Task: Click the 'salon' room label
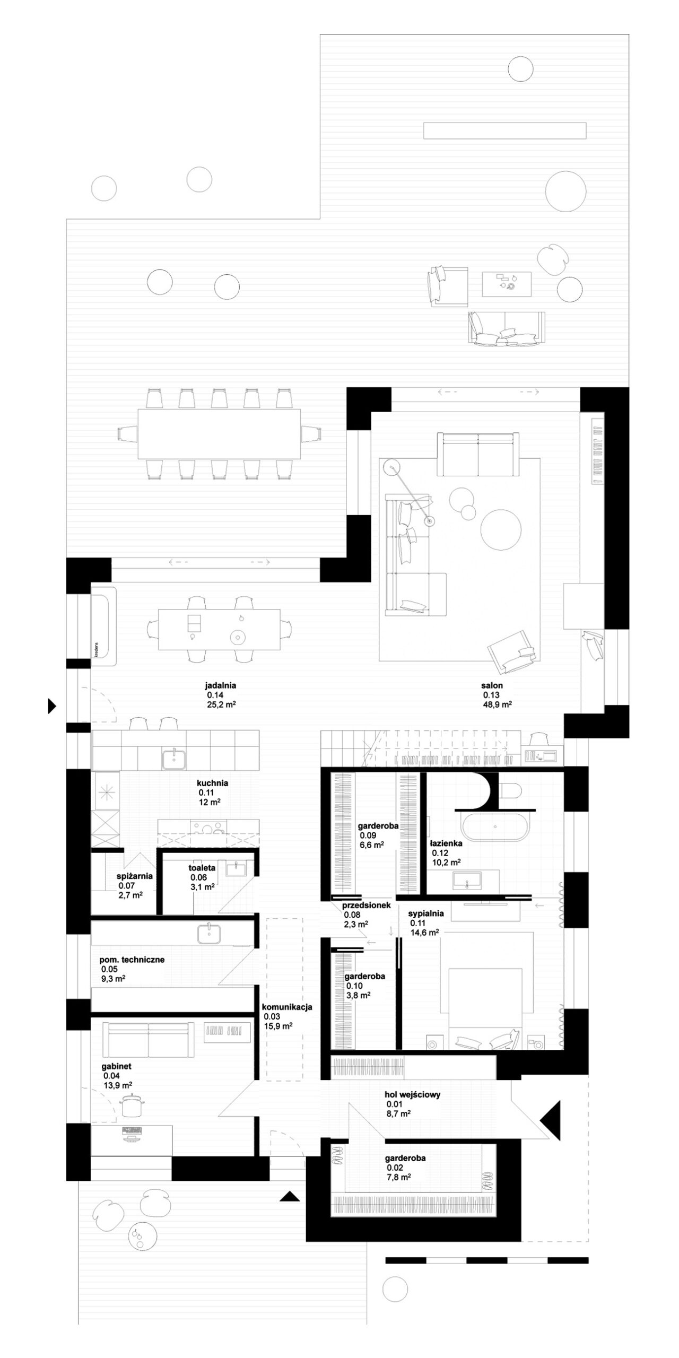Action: coord(492,685)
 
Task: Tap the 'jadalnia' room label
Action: coord(221,685)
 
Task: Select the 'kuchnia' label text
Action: coord(212,782)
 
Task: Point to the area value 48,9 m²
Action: coord(497,704)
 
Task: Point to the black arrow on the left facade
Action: coord(52,706)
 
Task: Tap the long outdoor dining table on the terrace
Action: coord(219,434)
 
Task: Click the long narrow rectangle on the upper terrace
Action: coord(504,130)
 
